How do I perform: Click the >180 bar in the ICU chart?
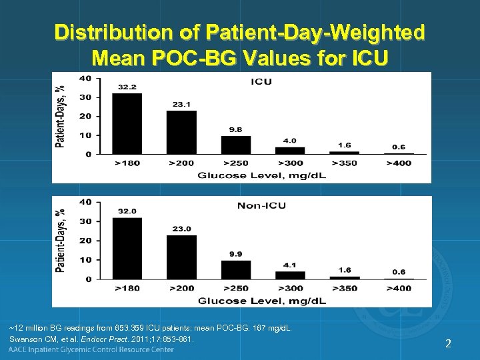click(x=127, y=124)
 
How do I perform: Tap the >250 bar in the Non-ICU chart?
click(x=236, y=269)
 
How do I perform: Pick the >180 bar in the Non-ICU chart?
click(x=127, y=248)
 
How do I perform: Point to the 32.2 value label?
click(x=127, y=87)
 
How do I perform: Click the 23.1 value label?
click(x=181, y=105)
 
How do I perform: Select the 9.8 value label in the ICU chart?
click(x=236, y=130)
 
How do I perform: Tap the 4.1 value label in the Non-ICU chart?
click(x=290, y=265)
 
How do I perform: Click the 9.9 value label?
click(x=236, y=254)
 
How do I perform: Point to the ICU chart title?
click(x=261, y=82)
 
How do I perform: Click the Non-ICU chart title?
click(x=261, y=205)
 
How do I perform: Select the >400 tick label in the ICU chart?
click(x=399, y=164)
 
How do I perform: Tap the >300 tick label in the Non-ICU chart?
click(x=290, y=288)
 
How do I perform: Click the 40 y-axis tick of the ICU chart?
click(x=86, y=78)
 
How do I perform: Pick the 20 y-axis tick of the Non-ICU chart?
click(x=86, y=241)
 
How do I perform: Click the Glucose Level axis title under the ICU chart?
click(x=261, y=175)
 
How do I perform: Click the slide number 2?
click(x=449, y=344)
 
